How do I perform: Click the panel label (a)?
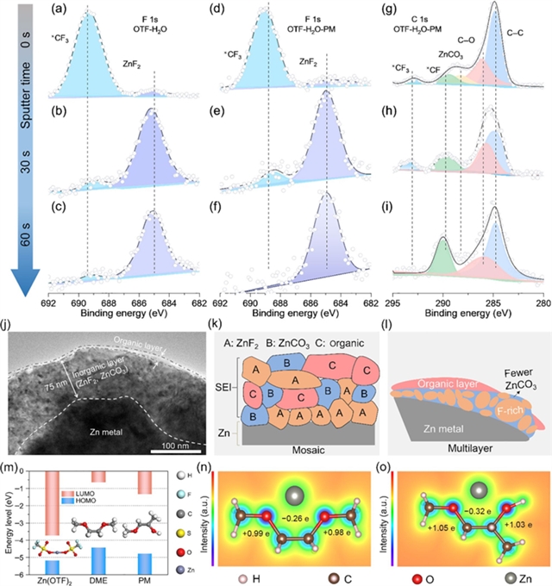(60, 9)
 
